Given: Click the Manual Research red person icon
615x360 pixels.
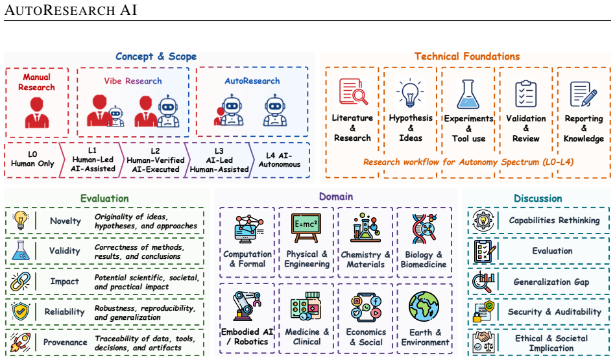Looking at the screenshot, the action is point(37,113).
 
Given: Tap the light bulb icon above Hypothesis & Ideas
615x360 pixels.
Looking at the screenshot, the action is point(410,93).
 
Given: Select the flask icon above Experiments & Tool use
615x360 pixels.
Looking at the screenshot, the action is point(468,94).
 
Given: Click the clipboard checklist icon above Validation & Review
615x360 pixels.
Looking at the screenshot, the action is point(525,93).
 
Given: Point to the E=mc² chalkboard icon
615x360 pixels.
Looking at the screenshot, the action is point(306,228).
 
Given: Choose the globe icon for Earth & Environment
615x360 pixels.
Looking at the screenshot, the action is point(424,306).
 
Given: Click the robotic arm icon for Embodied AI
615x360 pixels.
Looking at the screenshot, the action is point(247,306).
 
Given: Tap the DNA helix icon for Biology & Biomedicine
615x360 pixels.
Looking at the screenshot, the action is point(424,228).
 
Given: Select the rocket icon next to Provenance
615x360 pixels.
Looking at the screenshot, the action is point(21,342).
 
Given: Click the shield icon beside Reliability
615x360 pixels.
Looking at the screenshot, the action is point(21,311).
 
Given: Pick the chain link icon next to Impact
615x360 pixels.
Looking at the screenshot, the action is point(21,281).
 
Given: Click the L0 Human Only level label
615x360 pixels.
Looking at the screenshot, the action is point(32,159).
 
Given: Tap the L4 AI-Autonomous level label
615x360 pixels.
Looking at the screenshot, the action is point(279,160).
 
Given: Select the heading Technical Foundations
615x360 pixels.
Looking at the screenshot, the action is point(466,56).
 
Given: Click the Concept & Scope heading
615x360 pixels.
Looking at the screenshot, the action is point(156,56).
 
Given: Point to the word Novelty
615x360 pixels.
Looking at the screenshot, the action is point(65,221).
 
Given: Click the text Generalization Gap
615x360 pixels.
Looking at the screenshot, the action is point(551,282).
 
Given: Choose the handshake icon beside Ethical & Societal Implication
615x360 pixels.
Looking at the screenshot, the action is point(483,342).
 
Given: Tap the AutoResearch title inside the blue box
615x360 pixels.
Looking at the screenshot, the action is point(252,81).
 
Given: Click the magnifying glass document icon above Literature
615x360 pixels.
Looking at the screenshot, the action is point(353,91).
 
